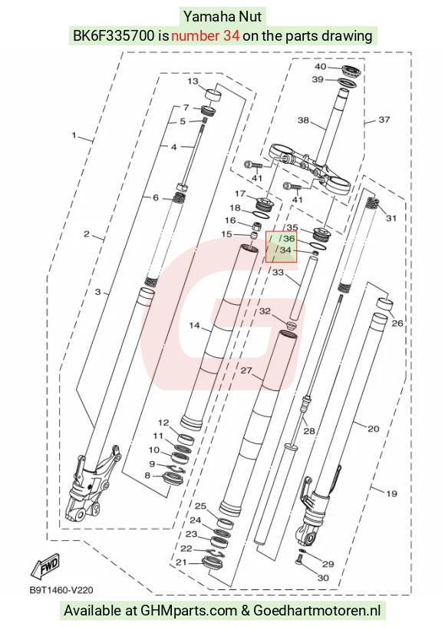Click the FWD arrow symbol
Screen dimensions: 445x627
45,566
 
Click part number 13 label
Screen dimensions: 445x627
193,81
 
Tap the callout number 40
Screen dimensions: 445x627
321,66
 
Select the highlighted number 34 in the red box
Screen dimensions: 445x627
285,250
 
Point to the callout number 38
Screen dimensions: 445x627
303,120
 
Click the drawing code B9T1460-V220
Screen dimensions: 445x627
61,590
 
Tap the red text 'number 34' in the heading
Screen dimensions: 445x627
205,36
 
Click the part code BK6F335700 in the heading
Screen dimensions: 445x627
114,36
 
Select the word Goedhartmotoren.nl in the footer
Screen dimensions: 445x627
317,611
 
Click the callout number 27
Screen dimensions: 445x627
246,370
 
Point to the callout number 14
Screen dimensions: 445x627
194,326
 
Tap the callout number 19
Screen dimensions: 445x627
391,493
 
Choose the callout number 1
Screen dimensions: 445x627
74,135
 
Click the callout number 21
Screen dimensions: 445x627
181,562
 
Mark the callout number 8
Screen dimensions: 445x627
147,476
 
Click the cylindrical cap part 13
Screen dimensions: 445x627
213,96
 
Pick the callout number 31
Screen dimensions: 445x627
391,218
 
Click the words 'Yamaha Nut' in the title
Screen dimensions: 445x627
222,17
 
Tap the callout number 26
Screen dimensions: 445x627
397,323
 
